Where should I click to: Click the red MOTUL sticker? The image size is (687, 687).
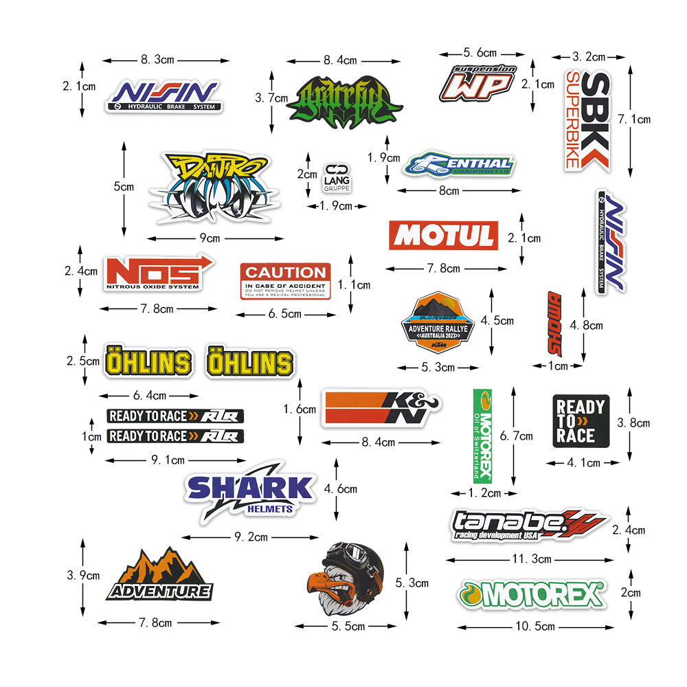click(x=443, y=236)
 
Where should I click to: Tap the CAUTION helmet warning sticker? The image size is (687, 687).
click(x=285, y=280)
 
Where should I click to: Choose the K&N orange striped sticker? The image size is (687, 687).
click(x=381, y=409)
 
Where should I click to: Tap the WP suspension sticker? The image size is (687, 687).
click(x=478, y=82)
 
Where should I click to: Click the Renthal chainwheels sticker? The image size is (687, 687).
click(x=459, y=165)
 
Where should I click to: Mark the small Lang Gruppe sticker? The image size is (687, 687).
click(x=337, y=178)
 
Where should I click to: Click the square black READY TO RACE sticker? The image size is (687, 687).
click(x=581, y=420)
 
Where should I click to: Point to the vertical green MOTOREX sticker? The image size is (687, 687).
click(x=482, y=436)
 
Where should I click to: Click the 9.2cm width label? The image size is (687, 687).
click(x=251, y=537)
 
